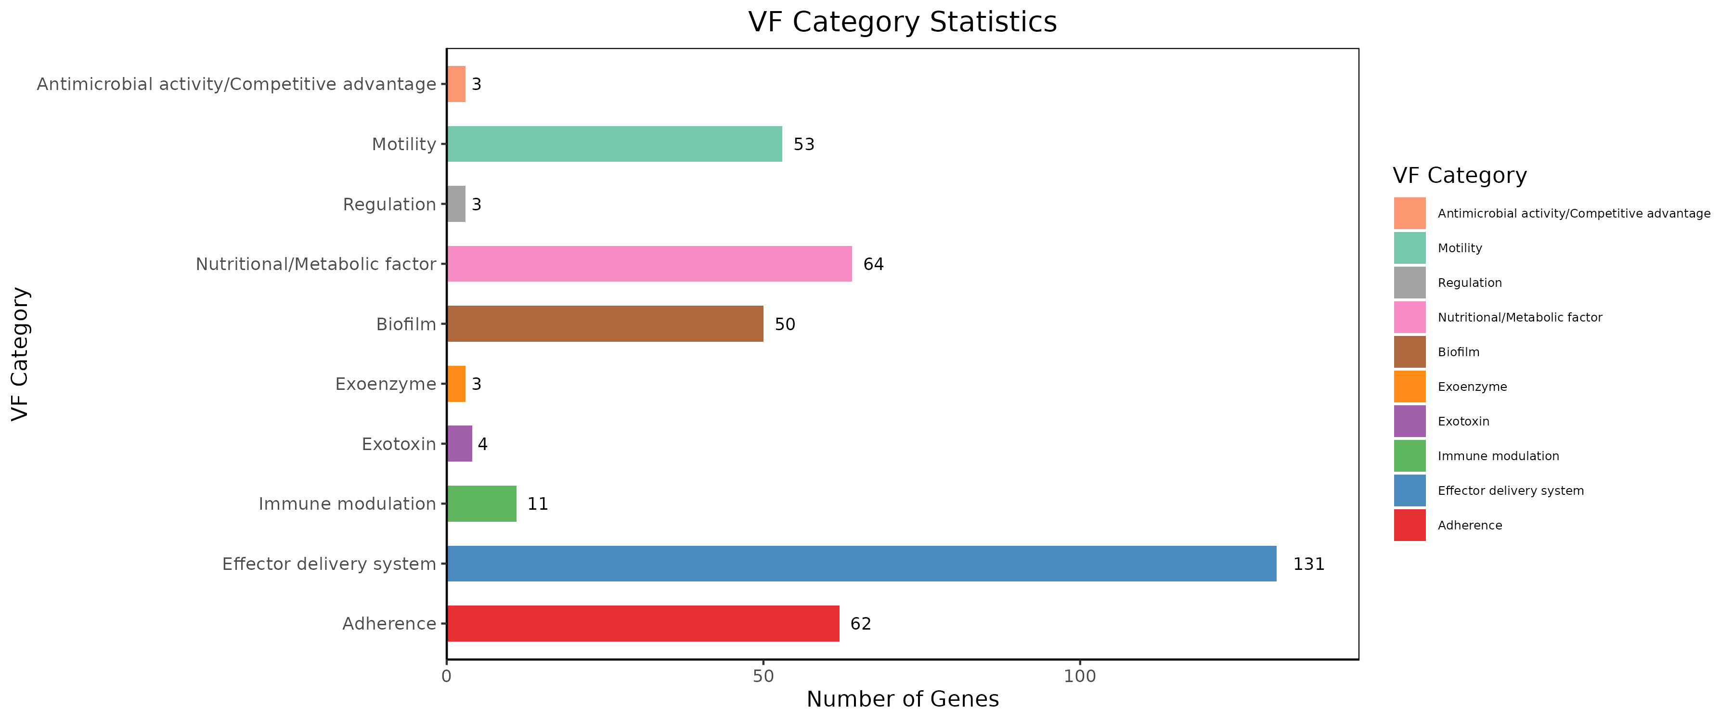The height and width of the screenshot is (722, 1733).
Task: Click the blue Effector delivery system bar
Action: [x=861, y=564]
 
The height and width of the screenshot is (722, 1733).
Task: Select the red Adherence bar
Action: [x=643, y=624]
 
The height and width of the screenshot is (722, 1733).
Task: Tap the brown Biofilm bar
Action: [x=605, y=323]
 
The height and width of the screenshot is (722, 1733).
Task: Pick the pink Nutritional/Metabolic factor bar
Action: [x=649, y=264]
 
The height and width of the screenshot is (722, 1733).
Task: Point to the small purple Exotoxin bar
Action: [x=460, y=443]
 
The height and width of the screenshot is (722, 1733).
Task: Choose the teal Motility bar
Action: [x=614, y=144]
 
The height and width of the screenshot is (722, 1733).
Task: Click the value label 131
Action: [x=1308, y=564]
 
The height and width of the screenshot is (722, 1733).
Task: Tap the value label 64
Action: [x=873, y=264]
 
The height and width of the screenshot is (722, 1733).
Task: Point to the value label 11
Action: [x=538, y=503]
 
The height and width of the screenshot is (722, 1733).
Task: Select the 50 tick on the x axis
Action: [x=763, y=676]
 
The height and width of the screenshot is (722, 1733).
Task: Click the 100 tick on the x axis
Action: [x=1080, y=676]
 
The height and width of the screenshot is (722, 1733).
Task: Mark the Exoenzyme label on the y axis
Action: [x=386, y=384]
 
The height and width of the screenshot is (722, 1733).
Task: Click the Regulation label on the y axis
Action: [x=389, y=204]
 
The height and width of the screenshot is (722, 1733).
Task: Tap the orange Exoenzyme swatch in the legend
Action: [x=1410, y=386]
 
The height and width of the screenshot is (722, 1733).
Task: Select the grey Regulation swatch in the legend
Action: [x=1410, y=283]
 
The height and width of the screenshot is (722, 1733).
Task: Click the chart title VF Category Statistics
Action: [x=902, y=22]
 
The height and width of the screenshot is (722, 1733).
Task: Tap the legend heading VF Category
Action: [x=1459, y=176]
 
